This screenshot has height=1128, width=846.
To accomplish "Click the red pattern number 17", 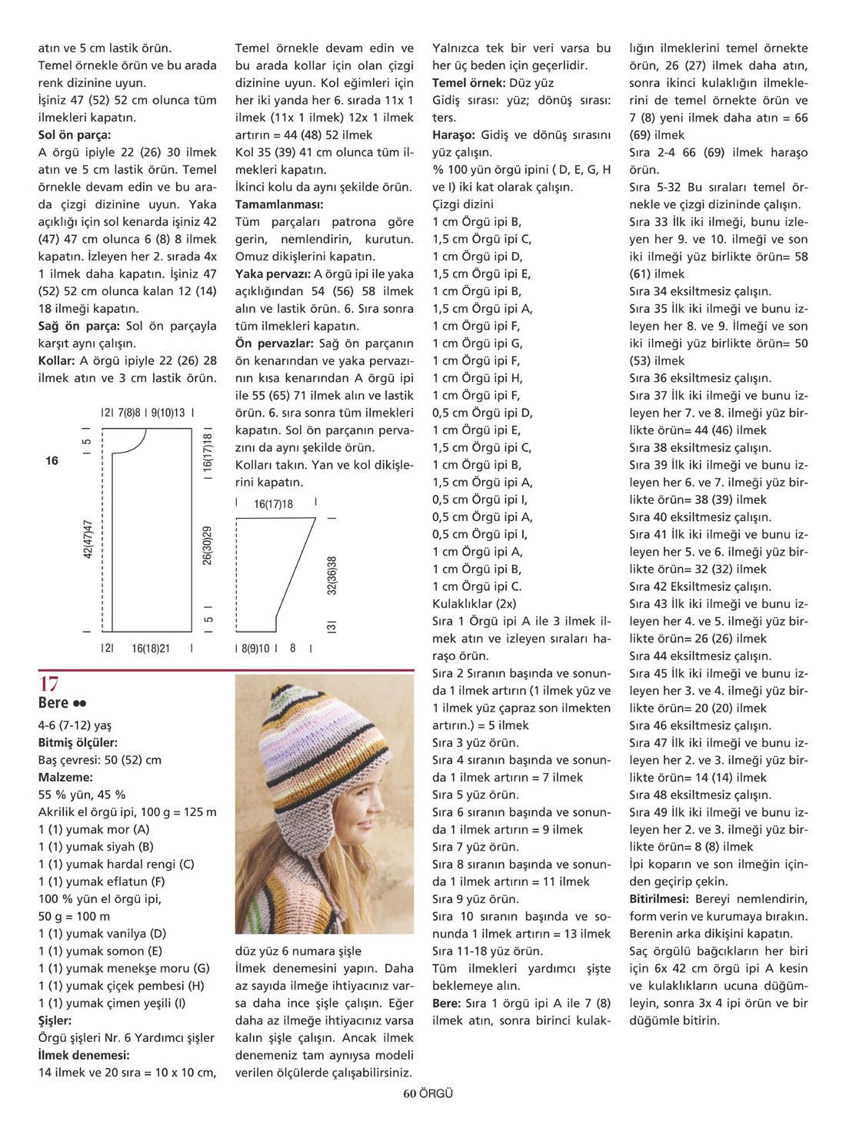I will click(48, 684).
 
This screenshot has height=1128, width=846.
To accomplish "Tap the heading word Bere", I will click(53, 703).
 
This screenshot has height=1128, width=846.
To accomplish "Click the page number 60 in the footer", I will click(409, 1093).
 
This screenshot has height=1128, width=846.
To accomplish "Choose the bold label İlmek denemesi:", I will click(84, 1055).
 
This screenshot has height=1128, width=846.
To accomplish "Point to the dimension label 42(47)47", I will click(88, 539).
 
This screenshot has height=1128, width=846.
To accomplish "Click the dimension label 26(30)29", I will click(208, 546).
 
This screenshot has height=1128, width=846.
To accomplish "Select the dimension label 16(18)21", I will click(151, 649).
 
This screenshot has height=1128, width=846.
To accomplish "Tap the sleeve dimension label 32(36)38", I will click(331, 576).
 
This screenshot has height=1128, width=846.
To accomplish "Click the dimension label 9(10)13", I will click(168, 413).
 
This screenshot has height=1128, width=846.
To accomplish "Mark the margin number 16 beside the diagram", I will click(52, 461).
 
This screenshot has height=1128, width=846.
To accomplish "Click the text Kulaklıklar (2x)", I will click(474, 604).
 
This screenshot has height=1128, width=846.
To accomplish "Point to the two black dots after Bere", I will click(80, 703).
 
